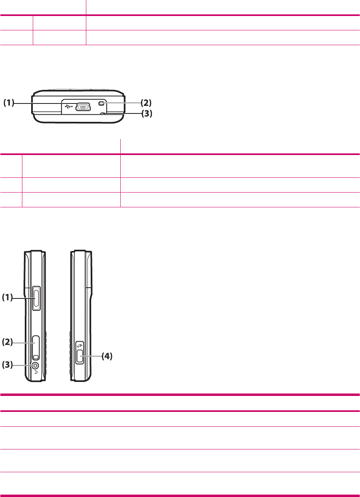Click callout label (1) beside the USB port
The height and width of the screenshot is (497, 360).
[x=9, y=103]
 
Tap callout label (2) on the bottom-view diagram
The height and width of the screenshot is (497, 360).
[x=146, y=103]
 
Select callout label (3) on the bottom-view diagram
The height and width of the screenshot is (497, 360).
[x=147, y=113]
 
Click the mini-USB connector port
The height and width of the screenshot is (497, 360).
[x=83, y=107]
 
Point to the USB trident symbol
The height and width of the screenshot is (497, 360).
[x=69, y=107]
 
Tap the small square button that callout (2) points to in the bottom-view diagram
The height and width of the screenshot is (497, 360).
[x=101, y=103]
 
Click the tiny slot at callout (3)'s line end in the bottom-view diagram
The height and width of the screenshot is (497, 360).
[x=103, y=113]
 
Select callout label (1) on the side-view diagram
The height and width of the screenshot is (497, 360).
[x=7, y=297]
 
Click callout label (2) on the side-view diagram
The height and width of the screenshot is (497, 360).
[x=7, y=342]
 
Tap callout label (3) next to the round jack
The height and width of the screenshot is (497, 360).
[x=7, y=364]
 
